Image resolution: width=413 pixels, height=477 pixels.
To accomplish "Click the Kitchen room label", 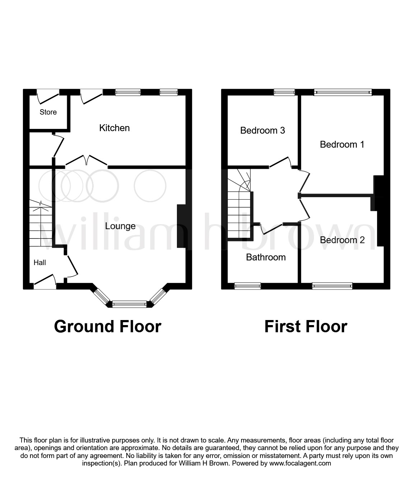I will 114,128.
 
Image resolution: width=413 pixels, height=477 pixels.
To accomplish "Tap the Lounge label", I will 120,226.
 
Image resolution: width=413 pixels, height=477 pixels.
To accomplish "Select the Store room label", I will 48,112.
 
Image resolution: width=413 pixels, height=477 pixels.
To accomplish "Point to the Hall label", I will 40,263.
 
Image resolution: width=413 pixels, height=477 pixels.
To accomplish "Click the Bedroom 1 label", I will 342,144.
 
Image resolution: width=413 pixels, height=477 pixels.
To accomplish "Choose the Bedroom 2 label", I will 342,240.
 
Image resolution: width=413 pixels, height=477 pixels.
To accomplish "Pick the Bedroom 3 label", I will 262,130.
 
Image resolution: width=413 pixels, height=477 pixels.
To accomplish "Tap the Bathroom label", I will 266,257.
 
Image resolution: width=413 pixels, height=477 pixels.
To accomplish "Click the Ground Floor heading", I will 108,327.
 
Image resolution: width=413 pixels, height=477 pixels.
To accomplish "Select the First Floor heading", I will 306,327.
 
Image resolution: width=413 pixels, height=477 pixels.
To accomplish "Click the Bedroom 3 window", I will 284,92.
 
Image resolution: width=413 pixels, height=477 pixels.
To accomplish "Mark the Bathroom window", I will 248,286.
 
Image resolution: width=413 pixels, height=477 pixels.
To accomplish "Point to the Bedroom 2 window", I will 332,286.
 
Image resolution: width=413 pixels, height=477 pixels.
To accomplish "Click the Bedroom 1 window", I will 343,92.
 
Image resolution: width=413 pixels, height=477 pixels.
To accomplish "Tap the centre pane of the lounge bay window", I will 130,304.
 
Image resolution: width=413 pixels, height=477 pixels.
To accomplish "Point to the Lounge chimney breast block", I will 182,226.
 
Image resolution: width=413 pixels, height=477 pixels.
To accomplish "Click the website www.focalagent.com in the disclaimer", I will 300,463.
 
